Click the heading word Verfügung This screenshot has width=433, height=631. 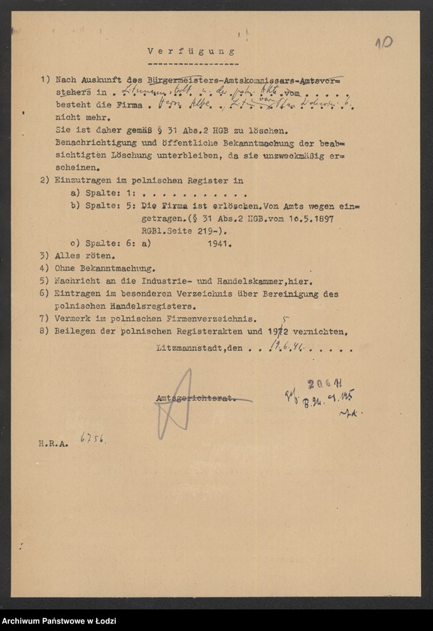[190, 52]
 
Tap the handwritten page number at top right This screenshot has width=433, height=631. [383, 42]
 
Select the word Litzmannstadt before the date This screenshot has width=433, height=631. [189, 349]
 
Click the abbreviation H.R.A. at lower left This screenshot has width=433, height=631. [53, 445]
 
